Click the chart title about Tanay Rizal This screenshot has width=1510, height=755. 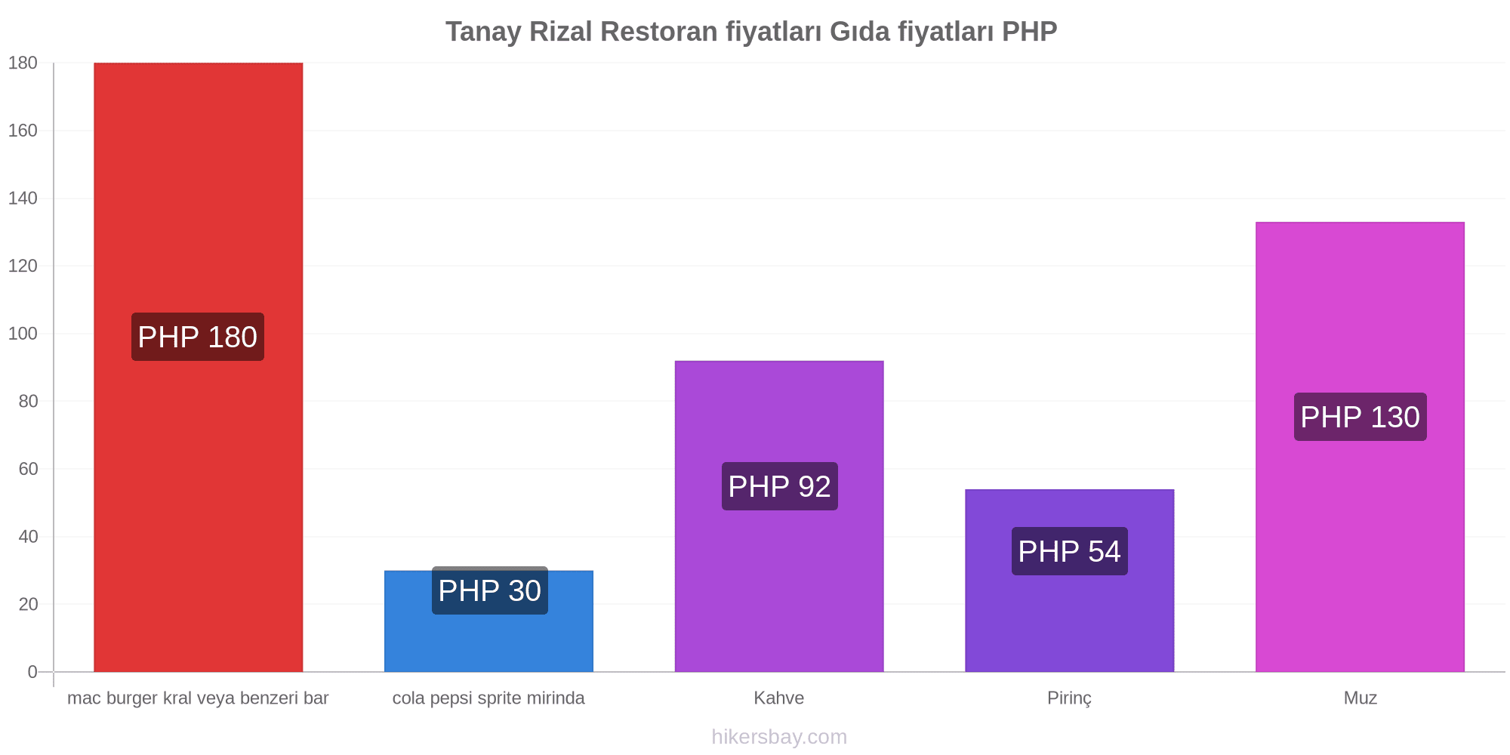coord(751,32)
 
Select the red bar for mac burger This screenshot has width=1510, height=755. coord(198,367)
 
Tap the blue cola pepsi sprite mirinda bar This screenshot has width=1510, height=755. coord(488,621)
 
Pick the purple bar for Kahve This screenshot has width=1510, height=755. coord(779,516)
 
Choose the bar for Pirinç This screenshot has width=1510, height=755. coord(1070,581)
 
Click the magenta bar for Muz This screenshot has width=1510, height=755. coord(1360,447)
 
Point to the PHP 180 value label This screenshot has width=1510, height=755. coord(198,337)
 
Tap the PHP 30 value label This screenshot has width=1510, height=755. coord(490,590)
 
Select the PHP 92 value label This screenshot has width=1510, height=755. coord(780,486)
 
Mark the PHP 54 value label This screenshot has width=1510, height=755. coord(1070,551)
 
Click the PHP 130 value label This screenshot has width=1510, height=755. coord(1361,417)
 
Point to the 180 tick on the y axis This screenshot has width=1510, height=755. coord(23,63)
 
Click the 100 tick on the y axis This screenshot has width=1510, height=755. coord(23,334)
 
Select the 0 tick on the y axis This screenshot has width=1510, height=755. coord(32,672)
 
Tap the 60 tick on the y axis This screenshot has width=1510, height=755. coord(28,469)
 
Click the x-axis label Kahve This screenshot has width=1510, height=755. coord(779,698)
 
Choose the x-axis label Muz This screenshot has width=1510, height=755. coord(1361,698)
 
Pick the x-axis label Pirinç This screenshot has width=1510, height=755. coord(1070,698)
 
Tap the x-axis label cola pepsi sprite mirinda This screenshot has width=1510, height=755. coord(488,698)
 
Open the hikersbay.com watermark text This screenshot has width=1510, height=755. coord(779,737)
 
